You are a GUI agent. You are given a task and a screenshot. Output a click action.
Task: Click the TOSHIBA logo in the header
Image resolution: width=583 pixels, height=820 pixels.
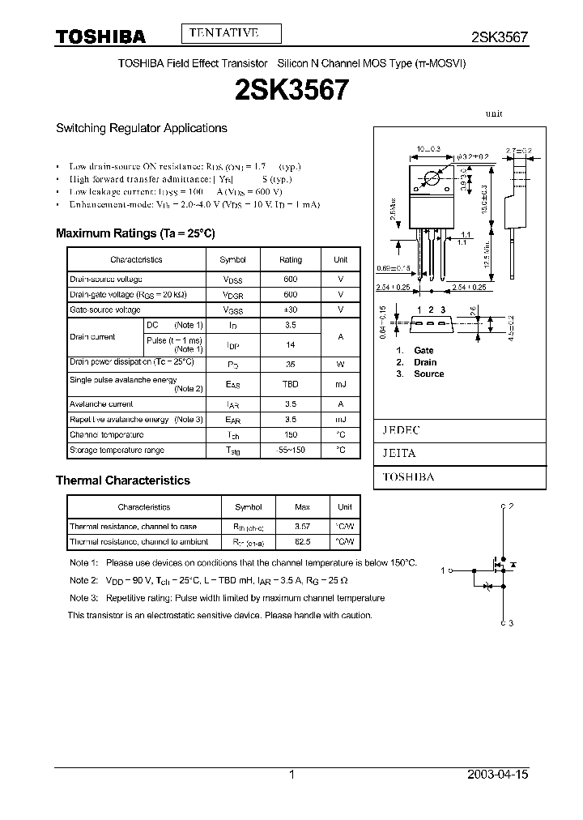[x=100, y=36]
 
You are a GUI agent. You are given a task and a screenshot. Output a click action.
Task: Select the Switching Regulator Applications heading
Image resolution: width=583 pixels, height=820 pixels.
[x=141, y=128]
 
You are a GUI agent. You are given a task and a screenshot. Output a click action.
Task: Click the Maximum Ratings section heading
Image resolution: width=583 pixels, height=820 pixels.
[x=135, y=233]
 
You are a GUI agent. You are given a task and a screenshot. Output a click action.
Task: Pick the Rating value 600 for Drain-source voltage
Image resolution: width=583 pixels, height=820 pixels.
[x=290, y=279]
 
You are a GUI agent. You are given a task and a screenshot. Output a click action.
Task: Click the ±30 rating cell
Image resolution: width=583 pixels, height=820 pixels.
[x=290, y=310]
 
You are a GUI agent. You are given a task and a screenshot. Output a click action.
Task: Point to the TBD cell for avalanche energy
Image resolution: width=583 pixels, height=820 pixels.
[x=290, y=385]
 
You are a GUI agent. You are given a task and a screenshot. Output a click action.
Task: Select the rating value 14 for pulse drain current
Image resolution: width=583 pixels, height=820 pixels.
[x=290, y=344]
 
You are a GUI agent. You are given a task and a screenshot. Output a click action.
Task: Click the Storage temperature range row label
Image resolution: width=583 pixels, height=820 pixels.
[x=117, y=450]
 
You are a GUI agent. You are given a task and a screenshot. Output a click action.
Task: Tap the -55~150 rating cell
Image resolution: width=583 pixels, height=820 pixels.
[x=290, y=450]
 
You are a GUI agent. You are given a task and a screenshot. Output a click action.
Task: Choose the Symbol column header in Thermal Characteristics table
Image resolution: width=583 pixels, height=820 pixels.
[x=249, y=507]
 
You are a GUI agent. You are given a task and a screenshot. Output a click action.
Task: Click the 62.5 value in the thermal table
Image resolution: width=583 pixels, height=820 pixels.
[x=302, y=541]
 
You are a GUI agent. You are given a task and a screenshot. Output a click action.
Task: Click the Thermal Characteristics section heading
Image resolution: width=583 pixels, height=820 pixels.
[x=122, y=480]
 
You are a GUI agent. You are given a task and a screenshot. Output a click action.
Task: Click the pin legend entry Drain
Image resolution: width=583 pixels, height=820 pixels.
[x=425, y=362]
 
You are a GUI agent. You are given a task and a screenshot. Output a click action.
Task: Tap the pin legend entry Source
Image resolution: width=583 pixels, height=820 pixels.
[x=428, y=374]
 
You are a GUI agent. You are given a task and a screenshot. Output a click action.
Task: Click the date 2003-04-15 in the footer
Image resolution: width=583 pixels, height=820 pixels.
[x=498, y=775]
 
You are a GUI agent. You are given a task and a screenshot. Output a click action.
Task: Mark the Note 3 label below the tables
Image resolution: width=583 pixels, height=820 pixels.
[x=83, y=598]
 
